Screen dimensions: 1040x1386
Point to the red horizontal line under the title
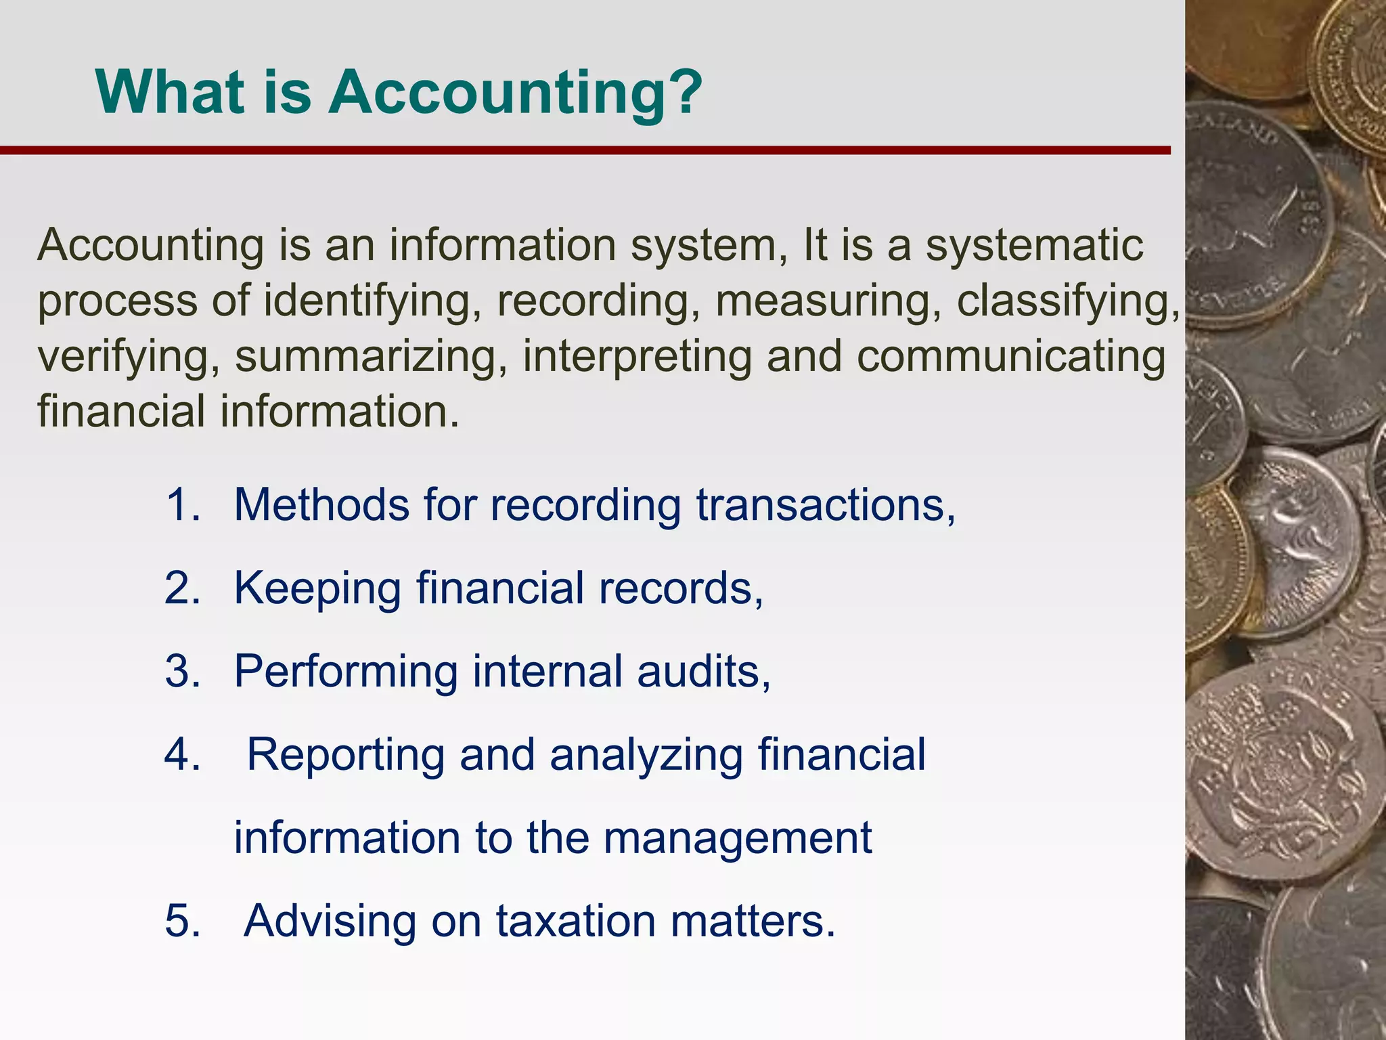[585, 150]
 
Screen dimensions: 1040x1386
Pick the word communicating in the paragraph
[1011, 357]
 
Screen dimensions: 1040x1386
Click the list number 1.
[183, 504]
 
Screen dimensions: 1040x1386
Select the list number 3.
[183, 671]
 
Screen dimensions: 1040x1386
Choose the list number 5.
[183, 921]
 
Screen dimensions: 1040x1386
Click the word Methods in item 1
[321, 504]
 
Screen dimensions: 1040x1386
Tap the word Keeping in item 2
[317, 588]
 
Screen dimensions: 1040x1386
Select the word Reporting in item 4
[345, 754]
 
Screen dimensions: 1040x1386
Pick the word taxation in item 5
[576, 921]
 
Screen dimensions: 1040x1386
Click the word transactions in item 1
[826, 504]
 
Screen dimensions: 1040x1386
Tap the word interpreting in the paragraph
[637, 357]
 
